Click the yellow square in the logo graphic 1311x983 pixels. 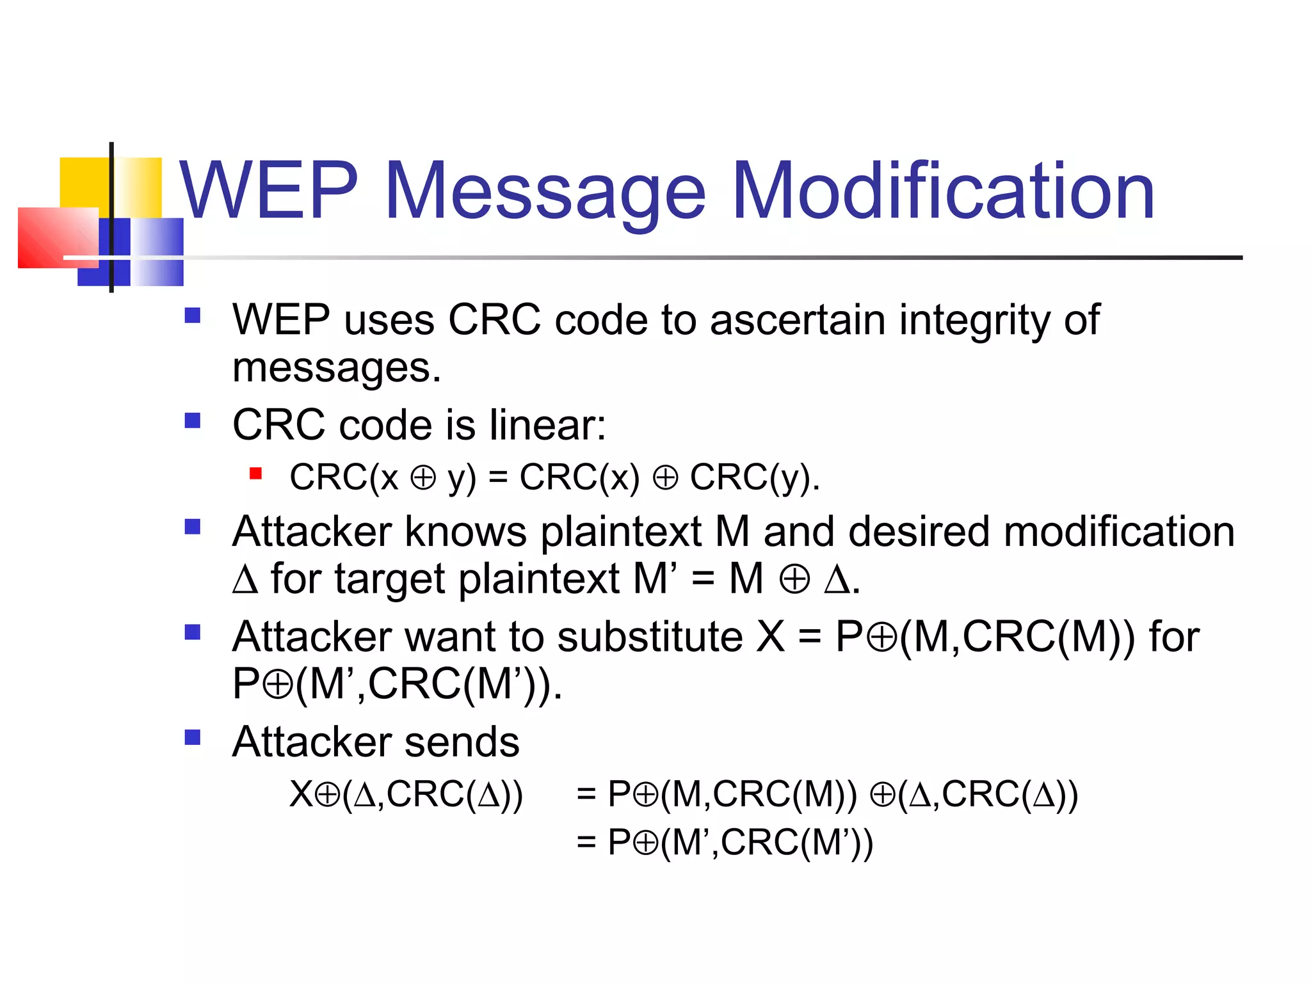[x=85, y=182]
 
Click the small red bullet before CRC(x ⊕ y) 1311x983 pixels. [x=256, y=474]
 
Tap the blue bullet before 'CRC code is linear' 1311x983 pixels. [x=192, y=420]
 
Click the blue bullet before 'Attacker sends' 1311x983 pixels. [x=192, y=737]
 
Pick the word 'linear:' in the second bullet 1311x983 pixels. [x=547, y=425]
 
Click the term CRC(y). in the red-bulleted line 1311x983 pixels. [x=755, y=477]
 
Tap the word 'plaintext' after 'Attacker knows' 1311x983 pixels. [x=620, y=532]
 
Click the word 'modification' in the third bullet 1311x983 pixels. [x=1118, y=532]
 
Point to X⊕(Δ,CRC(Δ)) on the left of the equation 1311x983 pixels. [x=406, y=795]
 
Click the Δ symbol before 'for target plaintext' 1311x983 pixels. [x=245, y=580]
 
